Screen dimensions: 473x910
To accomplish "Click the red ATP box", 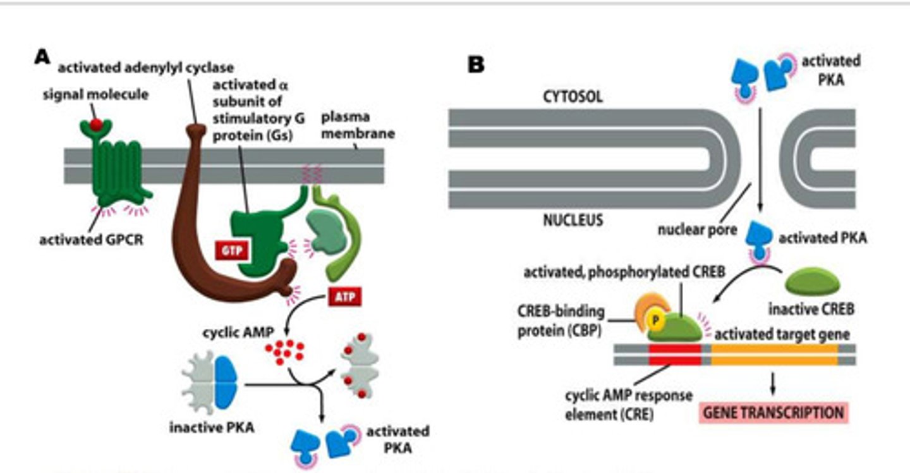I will coord(344,297).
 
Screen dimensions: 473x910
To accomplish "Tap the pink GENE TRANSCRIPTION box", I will coord(773,413).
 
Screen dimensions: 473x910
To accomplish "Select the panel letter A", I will coord(42,57).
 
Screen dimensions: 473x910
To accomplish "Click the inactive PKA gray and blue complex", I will coord(209,383).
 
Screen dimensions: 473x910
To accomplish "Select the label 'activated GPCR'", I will coord(92,241).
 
